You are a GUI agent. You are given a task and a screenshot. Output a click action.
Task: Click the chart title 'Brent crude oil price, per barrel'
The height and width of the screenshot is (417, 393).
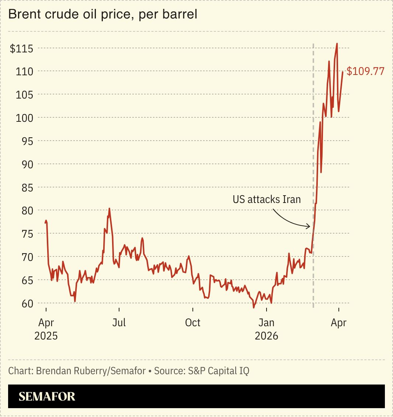point(102,14)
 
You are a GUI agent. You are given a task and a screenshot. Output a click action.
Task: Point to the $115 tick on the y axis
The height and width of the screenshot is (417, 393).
point(21,48)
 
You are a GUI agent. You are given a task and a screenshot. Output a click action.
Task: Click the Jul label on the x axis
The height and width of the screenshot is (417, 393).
point(119,323)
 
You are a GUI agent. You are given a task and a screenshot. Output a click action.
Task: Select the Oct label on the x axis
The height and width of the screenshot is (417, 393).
point(192,323)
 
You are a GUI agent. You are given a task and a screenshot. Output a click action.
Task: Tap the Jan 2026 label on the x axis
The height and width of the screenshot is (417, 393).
point(266,329)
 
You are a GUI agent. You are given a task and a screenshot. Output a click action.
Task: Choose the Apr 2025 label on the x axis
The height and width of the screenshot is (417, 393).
point(46,329)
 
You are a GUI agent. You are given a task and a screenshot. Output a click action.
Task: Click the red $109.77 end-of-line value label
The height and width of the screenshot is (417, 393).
point(365,71)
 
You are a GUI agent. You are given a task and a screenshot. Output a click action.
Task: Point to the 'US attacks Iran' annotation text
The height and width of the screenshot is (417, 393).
point(267,200)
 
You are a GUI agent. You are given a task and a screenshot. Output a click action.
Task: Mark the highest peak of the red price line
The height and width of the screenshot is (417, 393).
point(337,44)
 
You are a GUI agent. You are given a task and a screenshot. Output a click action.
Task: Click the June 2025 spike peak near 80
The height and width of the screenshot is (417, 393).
point(109,208)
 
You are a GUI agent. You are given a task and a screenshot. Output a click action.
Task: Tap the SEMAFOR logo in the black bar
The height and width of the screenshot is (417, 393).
point(47,396)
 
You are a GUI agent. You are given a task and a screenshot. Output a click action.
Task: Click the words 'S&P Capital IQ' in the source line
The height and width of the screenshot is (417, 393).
point(219,371)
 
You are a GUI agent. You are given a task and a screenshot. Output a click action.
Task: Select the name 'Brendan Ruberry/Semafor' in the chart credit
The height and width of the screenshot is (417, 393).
point(91,371)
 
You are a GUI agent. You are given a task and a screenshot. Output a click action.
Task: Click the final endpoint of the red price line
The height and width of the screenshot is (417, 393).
point(342,72)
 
